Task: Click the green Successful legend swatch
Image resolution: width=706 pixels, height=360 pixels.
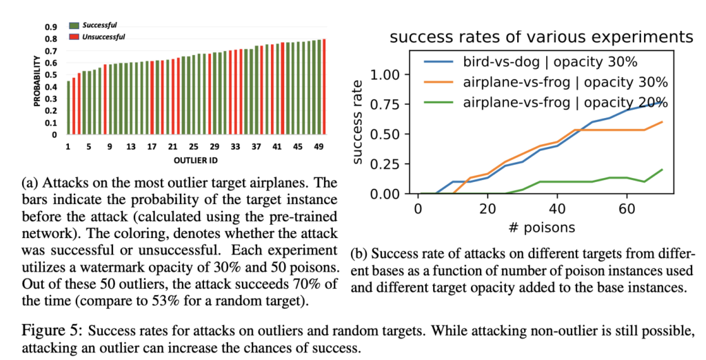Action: coord(75,25)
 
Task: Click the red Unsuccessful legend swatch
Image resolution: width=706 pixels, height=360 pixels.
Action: coord(75,37)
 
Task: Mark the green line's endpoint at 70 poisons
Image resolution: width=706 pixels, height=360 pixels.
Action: coord(662,170)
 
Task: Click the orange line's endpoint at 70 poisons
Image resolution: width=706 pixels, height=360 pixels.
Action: coord(662,121)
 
